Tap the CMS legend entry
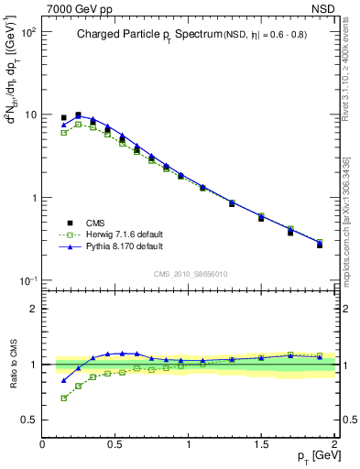coord(96,222)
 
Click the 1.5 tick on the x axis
coord(262,444)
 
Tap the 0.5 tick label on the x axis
coord(115,444)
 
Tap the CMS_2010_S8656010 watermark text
coord(189,272)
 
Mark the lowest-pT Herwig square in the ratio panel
coord(64,398)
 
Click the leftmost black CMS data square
coord(64,118)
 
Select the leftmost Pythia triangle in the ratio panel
coord(64,380)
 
